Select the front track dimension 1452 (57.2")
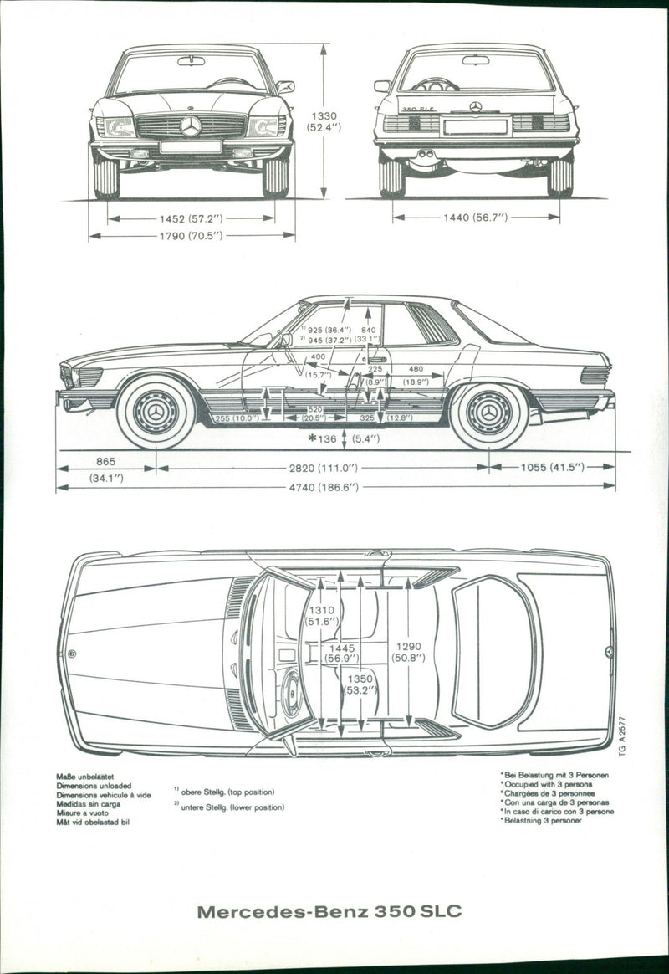point(191,218)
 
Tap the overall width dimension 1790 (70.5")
point(191,236)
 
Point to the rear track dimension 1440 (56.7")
point(476,218)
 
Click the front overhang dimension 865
point(105,461)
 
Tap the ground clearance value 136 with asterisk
point(327,438)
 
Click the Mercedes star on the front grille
point(191,126)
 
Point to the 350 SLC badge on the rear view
point(417,109)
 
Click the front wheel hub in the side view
point(156,413)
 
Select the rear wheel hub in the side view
point(489,413)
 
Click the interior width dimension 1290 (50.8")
point(409,652)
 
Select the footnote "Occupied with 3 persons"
point(546,785)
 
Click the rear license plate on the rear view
point(476,127)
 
